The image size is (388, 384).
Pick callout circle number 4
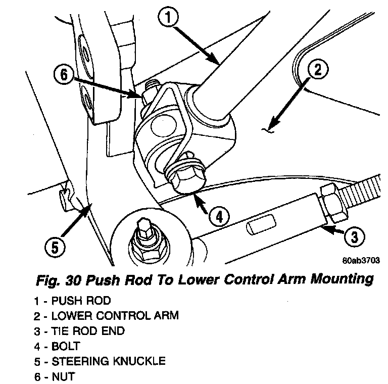pyautogui.click(x=219, y=217)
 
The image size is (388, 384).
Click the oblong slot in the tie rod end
pyautogui.click(x=261, y=222)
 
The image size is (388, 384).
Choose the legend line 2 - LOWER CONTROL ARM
pyautogui.click(x=107, y=316)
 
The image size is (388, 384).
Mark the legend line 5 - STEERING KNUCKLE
pyautogui.click(x=100, y=361)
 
